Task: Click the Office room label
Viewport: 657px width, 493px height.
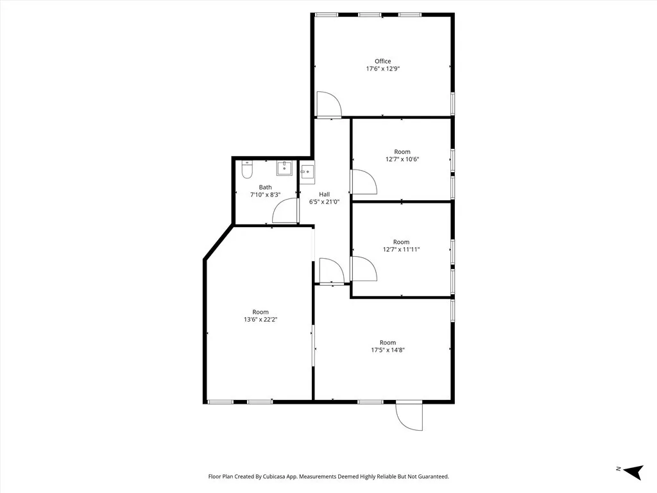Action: (x=382, y=62)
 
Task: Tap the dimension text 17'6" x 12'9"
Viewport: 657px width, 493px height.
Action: (x=383, y=69)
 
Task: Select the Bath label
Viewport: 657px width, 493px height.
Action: (x=265, y=187)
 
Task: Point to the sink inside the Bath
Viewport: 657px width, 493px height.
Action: (x=284, y=168)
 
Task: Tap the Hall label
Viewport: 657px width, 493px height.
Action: (x=324, y=195)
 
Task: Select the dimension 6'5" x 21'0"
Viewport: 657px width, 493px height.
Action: (x=325, y=202)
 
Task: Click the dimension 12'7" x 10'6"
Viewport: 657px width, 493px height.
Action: (x=402, y=159)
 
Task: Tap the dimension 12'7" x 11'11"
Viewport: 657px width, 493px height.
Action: (x=402, y=250)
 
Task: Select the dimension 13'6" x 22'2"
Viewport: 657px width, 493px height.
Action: (x=260, y=320)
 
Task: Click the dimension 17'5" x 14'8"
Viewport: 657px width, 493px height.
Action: (x=388, y=350)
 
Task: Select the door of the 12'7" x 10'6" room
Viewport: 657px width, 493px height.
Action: (x=363, y=181)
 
